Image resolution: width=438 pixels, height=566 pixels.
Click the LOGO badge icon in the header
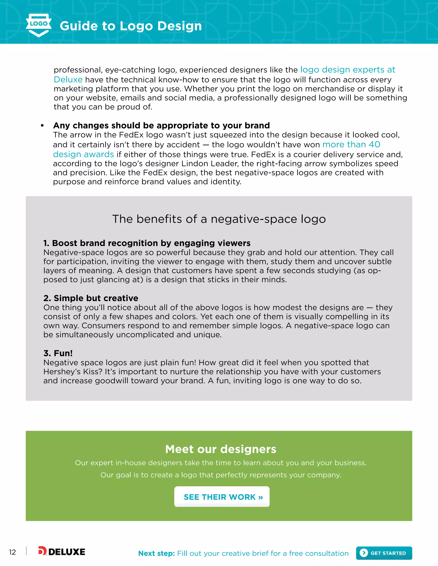39,25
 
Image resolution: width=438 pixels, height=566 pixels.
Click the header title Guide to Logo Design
131,26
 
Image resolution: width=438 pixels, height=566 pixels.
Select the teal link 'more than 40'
351,144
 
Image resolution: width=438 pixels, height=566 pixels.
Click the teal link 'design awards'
83,154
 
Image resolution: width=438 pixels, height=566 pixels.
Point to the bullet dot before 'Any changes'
42,126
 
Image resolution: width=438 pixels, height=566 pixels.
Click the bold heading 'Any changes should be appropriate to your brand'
161,125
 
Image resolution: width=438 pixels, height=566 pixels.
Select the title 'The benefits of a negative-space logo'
219,219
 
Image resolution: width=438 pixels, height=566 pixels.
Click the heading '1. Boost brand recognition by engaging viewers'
147,243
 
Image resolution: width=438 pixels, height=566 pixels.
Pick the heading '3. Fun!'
58,353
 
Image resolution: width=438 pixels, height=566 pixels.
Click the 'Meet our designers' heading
220,449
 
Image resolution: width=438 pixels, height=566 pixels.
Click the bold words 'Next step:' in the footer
157,553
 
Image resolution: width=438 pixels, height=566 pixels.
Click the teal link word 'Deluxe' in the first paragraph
68,80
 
